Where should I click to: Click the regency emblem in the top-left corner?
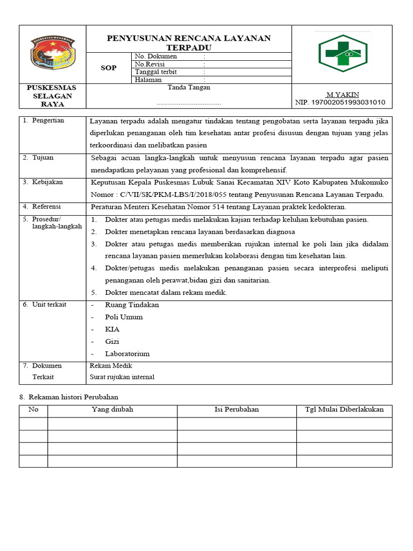click(53, 54)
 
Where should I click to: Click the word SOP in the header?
click(109, 68)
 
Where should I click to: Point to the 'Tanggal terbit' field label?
click(156, 72)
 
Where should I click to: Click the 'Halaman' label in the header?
click(148, 80)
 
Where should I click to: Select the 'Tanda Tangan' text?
click(189, 87)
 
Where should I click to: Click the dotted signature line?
click(189, 103)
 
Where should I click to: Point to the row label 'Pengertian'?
click(48, 121)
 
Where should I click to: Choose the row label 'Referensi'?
click(47, 207)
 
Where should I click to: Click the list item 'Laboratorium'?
click(127, 354)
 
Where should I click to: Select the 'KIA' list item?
click(112, 329)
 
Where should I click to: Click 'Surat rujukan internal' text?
click(122, 377)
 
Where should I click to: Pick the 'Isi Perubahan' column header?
click(237, 409)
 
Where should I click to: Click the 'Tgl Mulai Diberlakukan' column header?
click(344, 409)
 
